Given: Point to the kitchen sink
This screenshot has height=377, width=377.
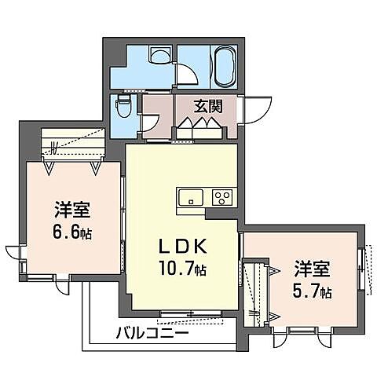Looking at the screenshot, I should (x=191, y=197).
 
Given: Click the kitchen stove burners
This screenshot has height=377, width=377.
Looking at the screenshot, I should (x=221, y=197).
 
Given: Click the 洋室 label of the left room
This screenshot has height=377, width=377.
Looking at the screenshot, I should (x=71, y=210).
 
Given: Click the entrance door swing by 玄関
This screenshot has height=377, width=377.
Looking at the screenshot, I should (x=256, y=107).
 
